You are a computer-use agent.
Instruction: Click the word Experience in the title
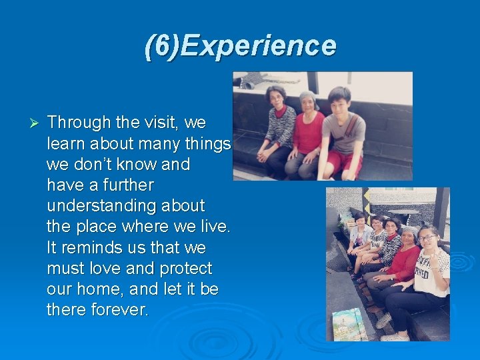coord(259,46)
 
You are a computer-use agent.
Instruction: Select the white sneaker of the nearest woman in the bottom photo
coord(383,321)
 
